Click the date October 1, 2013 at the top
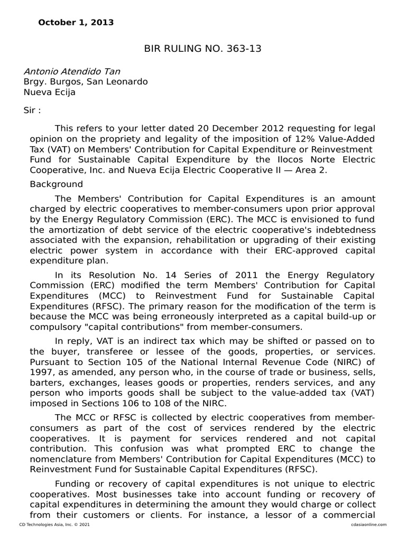pyautogui.click(x=76, y=23)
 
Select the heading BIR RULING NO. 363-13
pyautogui.click(x=203, y=49)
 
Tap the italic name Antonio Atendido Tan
pyautogui.click(x=76, y=71)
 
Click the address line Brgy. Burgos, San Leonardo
pyautogui.click(x=86, y=82)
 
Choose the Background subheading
pyautogui.click(x=57, y=184)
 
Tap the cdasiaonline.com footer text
pyautogui.click(x=368, y=524)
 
